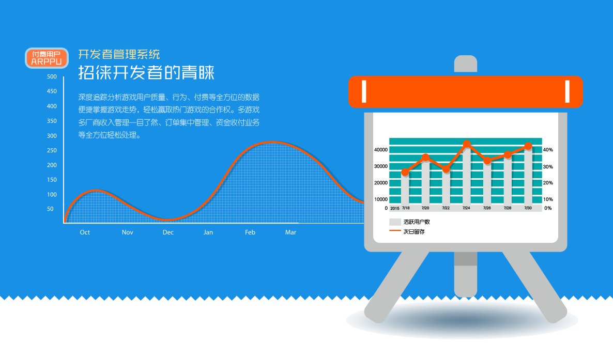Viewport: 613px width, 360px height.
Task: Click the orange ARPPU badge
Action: [47, 58]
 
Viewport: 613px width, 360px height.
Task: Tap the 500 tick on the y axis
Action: [52, 76]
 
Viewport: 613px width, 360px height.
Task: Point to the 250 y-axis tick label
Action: [52, 150]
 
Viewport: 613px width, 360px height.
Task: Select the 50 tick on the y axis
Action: [50, 209]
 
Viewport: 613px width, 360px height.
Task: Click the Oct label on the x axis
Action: [85, 232]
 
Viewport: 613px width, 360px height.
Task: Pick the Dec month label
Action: [168, 232]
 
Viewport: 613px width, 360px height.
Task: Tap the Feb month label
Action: [250, 232]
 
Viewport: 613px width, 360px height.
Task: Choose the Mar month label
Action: [290, 232]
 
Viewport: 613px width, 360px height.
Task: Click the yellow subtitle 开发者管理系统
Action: [119, 54]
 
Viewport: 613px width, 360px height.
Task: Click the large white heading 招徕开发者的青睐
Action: [146, 72]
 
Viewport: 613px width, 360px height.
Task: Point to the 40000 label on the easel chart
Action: [381, 150]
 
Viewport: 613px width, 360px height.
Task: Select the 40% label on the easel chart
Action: [548, 150]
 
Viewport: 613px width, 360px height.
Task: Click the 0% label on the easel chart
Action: [548, 208]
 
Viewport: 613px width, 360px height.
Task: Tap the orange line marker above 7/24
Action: [467, 144]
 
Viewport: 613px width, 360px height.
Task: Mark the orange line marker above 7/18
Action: [405, 172]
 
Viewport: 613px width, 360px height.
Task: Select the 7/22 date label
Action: [446, 208]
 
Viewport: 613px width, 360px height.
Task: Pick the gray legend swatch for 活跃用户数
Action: [395, 222]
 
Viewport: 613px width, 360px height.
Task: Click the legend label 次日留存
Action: [414, 231]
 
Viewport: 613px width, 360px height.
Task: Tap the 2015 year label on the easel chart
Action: [395, 208]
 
